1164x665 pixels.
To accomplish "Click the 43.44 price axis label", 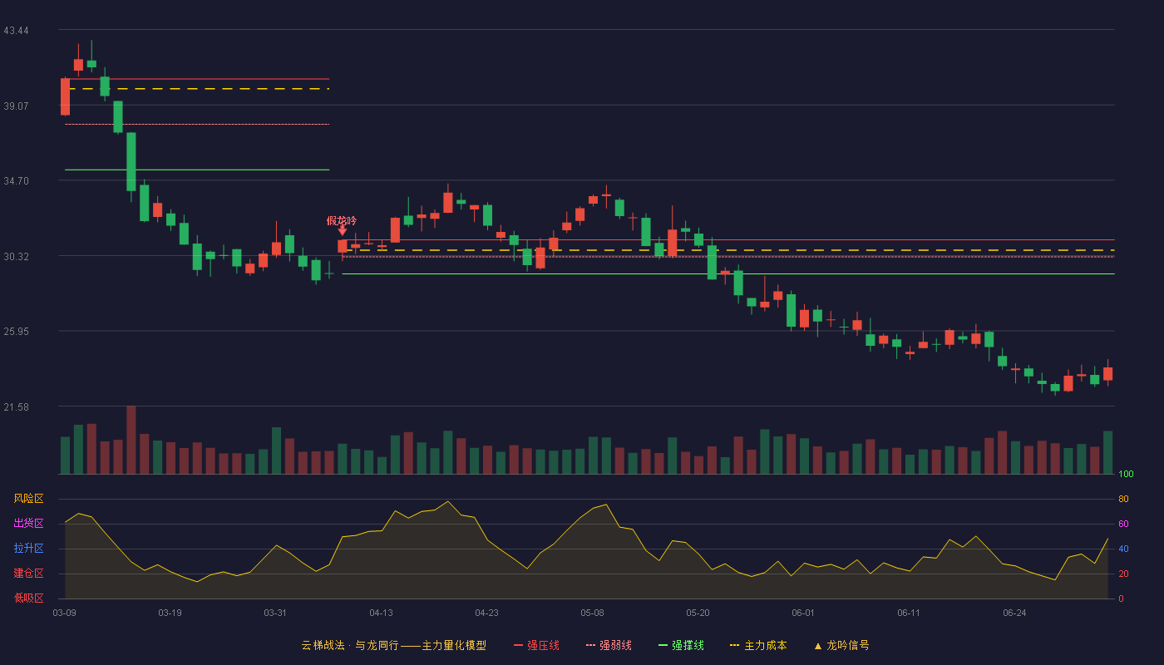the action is point(16,31).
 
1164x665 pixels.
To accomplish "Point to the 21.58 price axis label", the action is point(16,406).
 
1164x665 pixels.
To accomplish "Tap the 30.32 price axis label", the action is point(16,257).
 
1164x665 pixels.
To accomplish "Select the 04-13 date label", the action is point(381,613).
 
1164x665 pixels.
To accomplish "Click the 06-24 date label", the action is point(1014,613).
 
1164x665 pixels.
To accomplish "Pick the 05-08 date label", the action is point(592,613).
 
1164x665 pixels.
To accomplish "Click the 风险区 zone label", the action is point(28,499).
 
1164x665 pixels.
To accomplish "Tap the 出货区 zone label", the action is point(28,523).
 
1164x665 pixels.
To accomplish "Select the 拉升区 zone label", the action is point(28,548).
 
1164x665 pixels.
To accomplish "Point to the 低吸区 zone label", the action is point(28,598).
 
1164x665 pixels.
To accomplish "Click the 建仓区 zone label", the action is point(28,573).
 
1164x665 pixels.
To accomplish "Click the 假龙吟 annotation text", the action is point(342,221).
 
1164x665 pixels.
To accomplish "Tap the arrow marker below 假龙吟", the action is point(342,231).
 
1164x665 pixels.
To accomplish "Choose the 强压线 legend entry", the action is point(536,645).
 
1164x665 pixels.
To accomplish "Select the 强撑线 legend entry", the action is point(681,645).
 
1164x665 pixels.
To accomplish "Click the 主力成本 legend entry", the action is point(758,645).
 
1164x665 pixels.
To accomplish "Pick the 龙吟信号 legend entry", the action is point(841,645).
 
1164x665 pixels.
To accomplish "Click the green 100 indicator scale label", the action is point(1126,474).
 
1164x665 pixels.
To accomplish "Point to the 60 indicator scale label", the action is point(1123,524).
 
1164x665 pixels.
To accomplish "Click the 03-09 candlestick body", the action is point(65,96).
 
